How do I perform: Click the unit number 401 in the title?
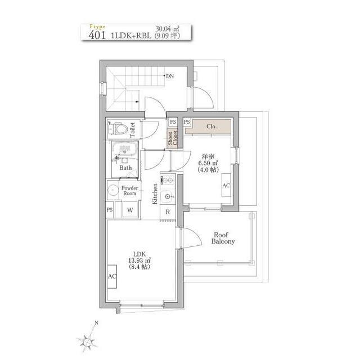coord(97,35)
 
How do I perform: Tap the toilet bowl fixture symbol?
coord(118,129)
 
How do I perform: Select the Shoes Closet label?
coord(173,138)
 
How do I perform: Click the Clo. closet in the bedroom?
coord(208,127)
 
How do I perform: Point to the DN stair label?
coord(170,76)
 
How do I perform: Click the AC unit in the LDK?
coord(112,276)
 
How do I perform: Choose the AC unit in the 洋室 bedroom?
coord(226,185)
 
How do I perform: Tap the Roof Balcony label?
coord(223,238)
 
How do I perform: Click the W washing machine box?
coord(130,210)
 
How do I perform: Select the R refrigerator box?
coord(168,212)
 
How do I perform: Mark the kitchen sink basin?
coord(168,196)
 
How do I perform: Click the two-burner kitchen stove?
coord(168,180)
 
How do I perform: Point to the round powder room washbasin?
coord(112,190)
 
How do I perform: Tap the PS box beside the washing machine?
coord(110,210)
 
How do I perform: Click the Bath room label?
coord(125,168)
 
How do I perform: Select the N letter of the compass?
coord(96,323)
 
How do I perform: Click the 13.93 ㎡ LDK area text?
coord(139,260)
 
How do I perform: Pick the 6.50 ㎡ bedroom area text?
coord(208,163)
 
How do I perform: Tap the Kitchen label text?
coord(155,193)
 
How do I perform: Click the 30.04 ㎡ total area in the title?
coord(168,29)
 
